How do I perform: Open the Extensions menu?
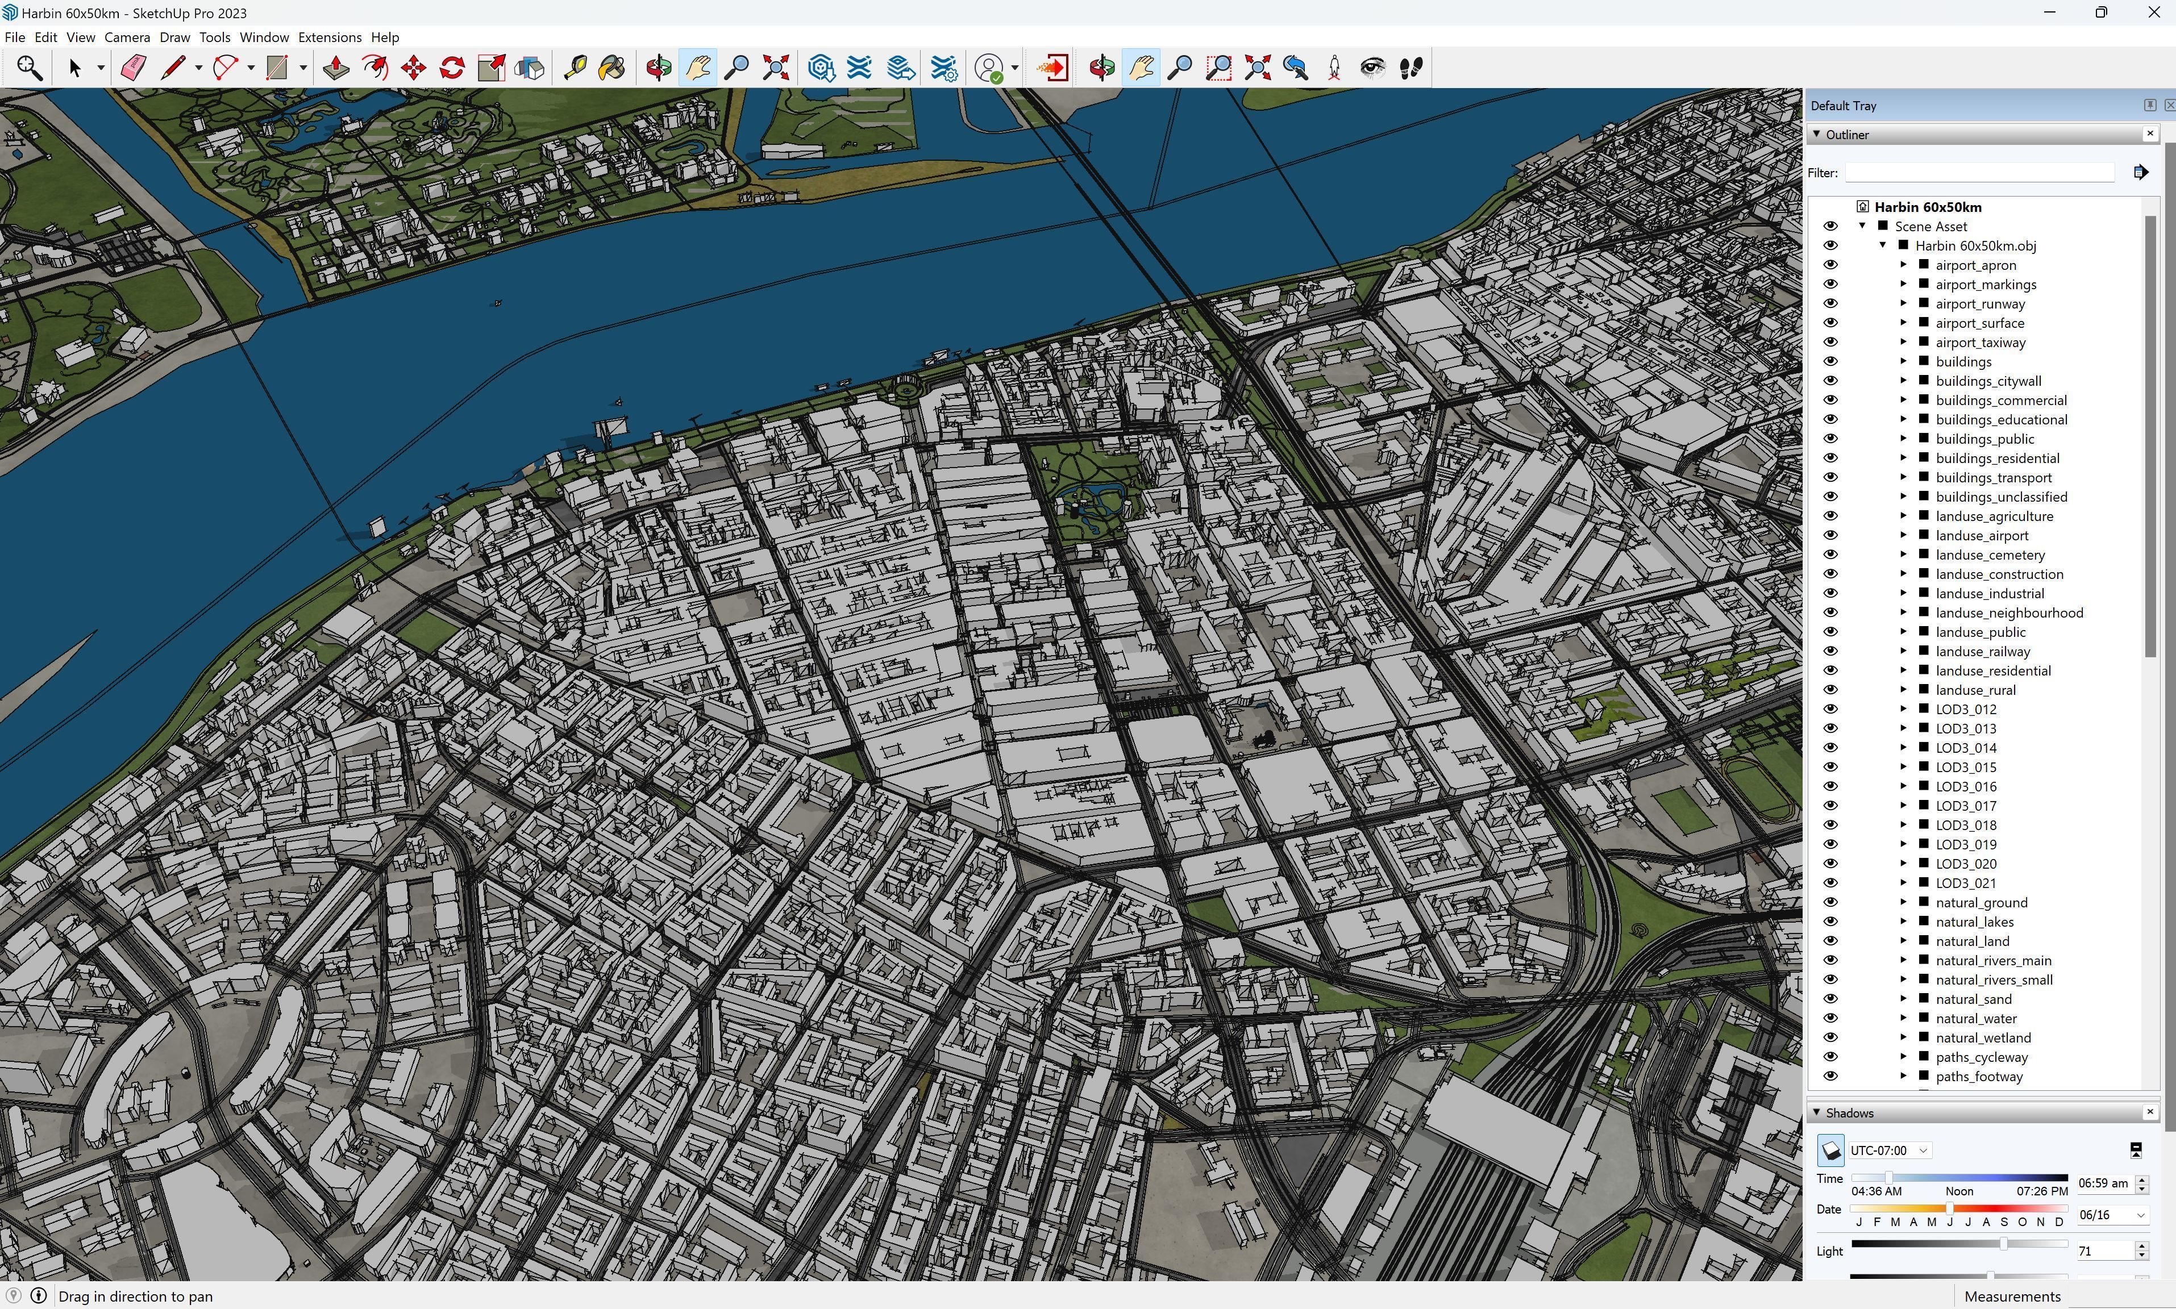tap(329, 37)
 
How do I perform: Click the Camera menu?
tap(127, 37)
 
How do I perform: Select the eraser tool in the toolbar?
tap(133, 68)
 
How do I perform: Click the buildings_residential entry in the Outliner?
tap(1997, 458)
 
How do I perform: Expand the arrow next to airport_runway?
tap(1903, 303)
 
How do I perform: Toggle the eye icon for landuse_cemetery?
tap(1830, 555)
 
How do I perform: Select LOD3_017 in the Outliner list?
tap(1965, 805)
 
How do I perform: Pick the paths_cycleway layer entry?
tap(1981, 1057)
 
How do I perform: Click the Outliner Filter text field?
tap(1978, 173)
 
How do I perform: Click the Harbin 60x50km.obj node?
tap(1975, 245)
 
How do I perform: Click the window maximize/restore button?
tap(2101, 12)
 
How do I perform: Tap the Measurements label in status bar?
tap(2012, 1296)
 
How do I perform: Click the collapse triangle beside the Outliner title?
tap(1817, 134)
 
